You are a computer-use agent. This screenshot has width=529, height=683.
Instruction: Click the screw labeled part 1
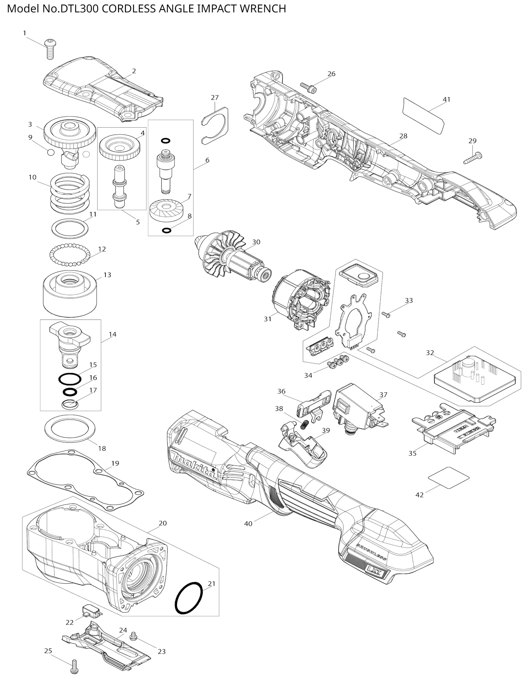tap(50, 49)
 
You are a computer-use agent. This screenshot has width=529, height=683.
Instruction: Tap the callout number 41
tap(447, 99)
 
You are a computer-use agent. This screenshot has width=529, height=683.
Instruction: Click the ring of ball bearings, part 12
tap(70, 254)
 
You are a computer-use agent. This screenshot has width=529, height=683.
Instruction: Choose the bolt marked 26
tap(308, 88)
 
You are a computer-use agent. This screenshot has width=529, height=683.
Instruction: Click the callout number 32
tap(430, 353)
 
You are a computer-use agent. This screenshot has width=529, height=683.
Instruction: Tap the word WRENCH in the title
tap(263, 9)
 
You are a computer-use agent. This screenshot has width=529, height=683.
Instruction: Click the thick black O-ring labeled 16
tap(70, 392)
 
